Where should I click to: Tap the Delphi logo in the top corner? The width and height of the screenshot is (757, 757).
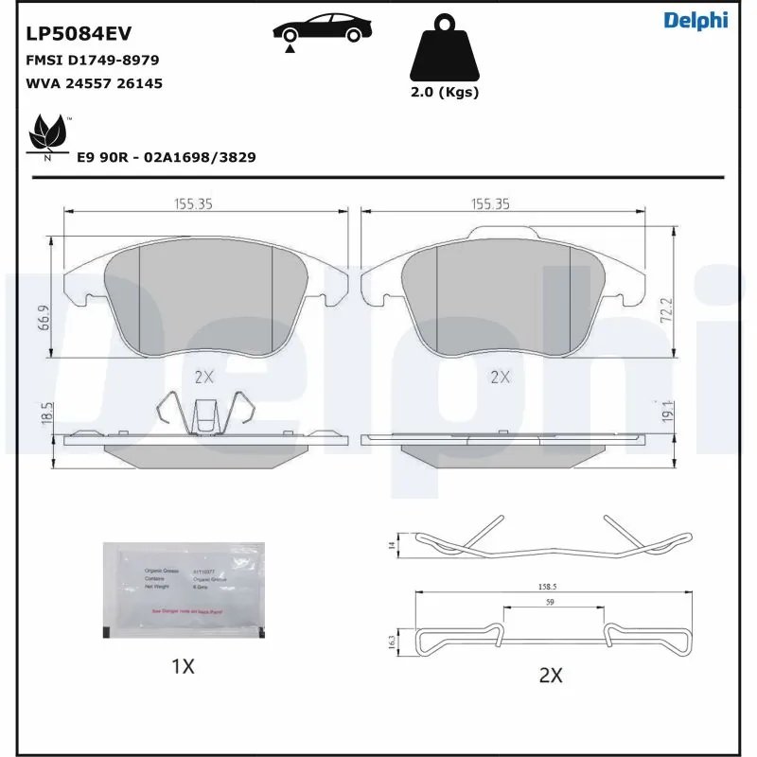695,21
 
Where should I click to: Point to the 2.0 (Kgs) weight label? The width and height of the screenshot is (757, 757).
444,92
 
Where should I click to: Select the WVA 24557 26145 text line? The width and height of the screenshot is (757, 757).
94,83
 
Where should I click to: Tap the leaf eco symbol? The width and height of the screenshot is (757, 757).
46,135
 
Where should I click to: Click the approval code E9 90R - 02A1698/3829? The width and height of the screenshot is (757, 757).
166,157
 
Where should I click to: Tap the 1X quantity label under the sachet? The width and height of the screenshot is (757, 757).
183,666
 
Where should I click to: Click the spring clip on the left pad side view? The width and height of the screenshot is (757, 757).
205,413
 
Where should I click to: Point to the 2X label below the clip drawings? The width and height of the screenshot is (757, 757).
550,675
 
